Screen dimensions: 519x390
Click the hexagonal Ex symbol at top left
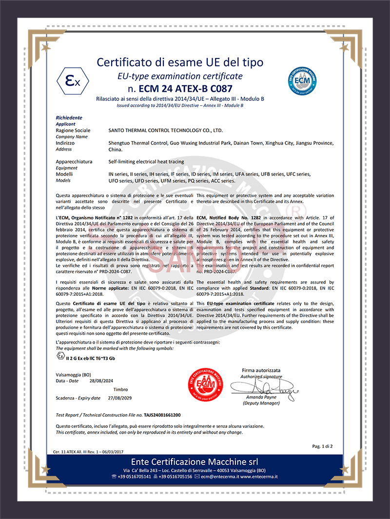(72, 81)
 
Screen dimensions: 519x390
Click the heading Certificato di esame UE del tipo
(180, 62)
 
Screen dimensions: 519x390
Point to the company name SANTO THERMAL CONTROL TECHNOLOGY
(165, 131)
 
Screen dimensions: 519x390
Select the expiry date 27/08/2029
(118, 398)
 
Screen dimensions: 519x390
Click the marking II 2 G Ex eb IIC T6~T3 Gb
(90, 358)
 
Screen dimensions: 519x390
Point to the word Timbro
(120, 389)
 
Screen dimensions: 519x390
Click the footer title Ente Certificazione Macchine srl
(195, 461)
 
